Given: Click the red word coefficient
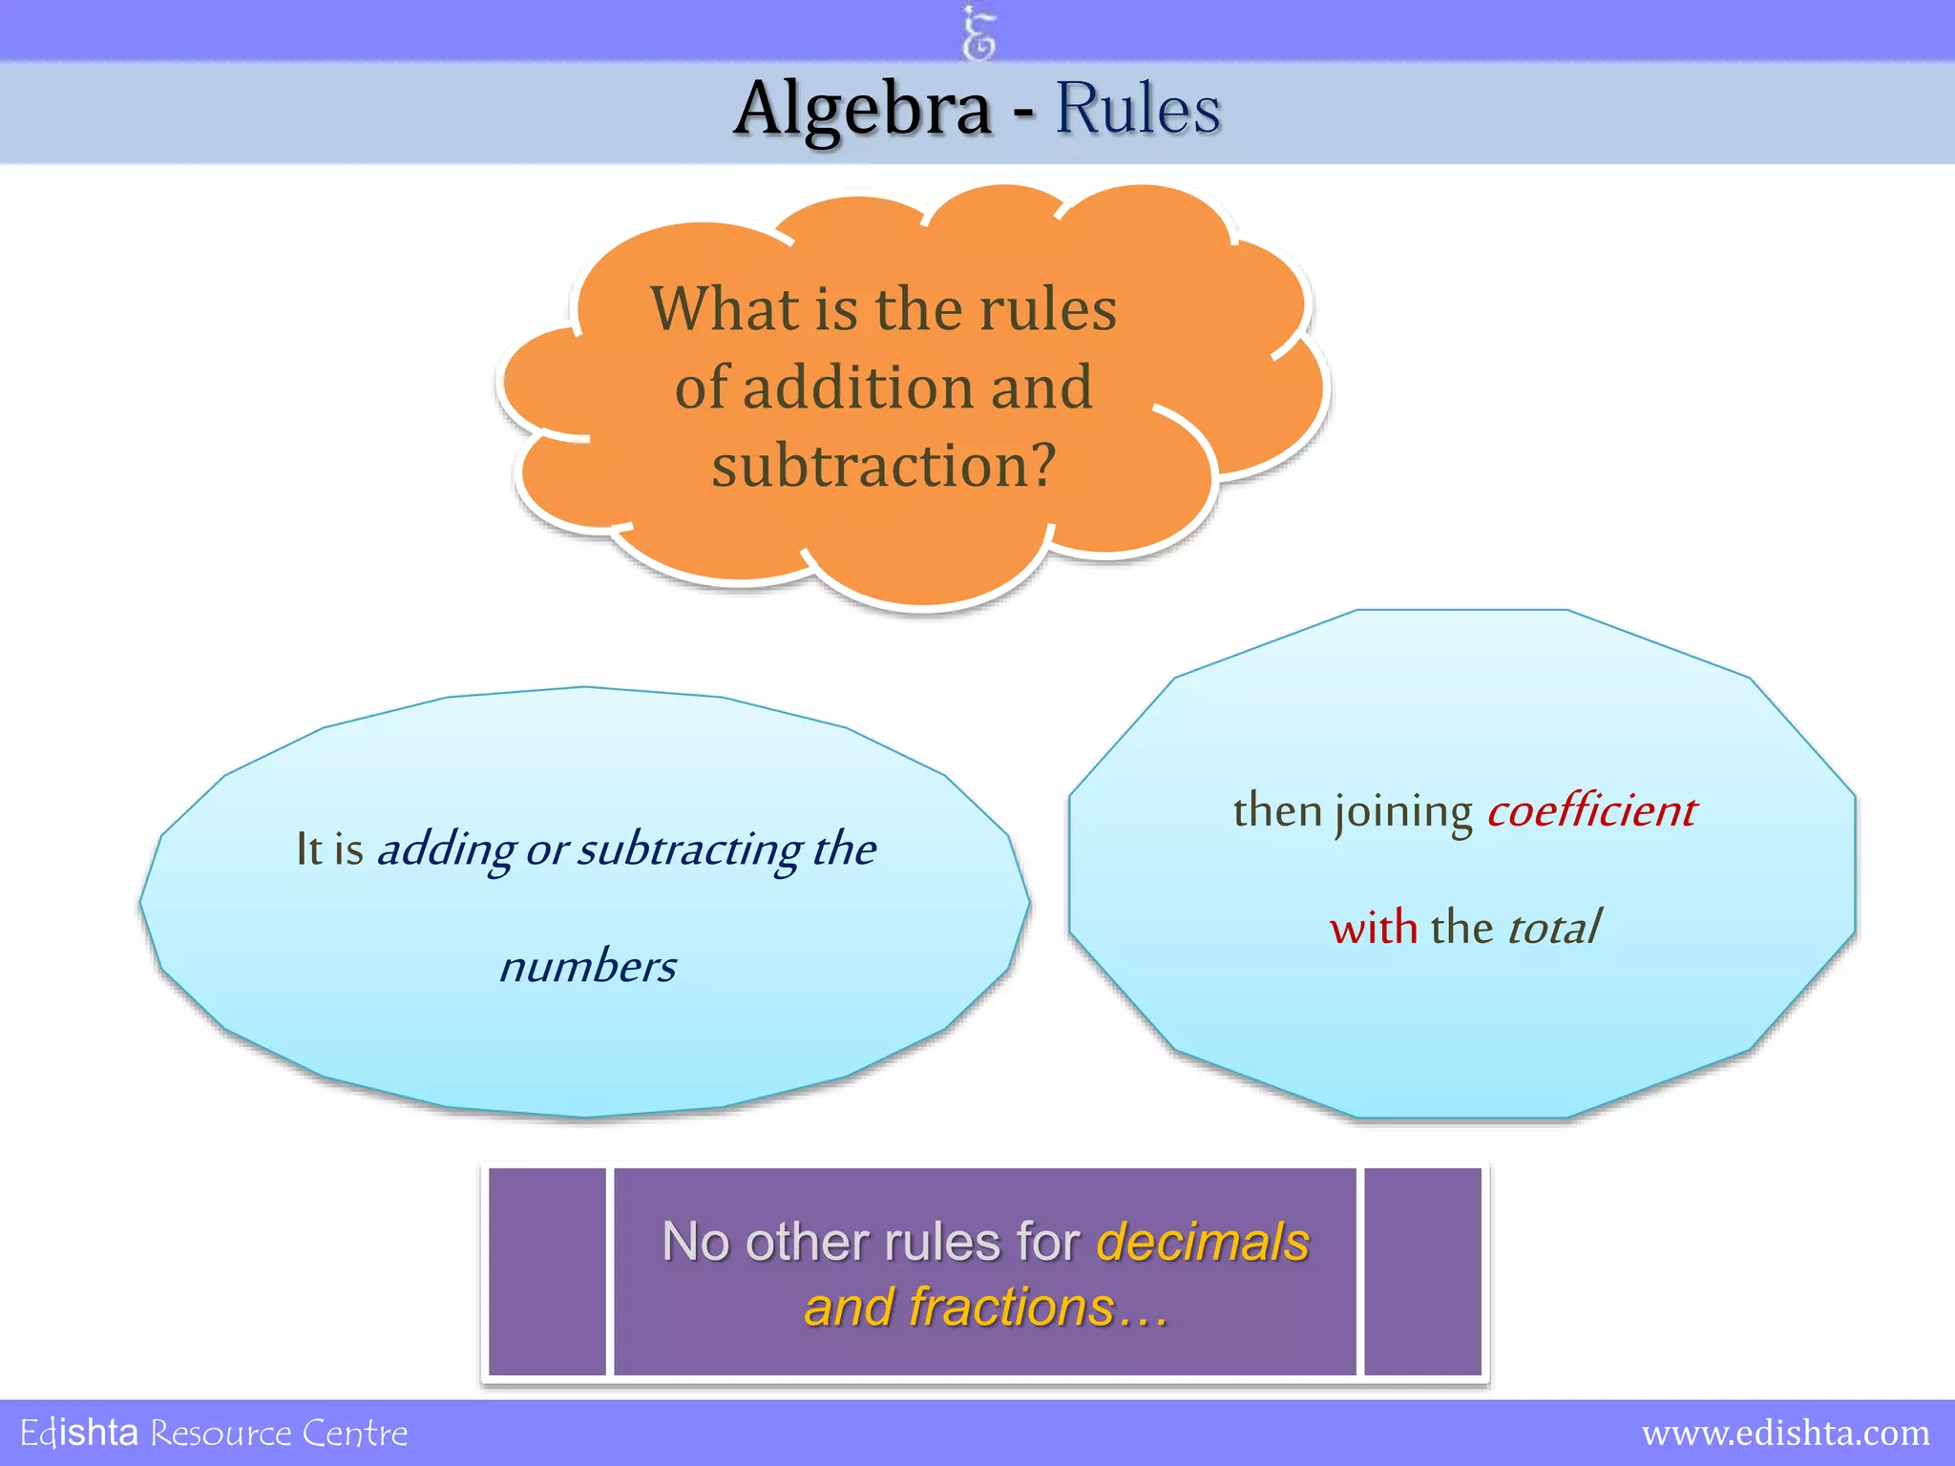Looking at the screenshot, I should coord(1591,811).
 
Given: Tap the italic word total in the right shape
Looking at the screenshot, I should coord(1553,928).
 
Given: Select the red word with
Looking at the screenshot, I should coord(1374,928).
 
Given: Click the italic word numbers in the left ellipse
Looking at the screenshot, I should coord(588,967).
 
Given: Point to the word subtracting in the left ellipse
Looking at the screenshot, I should coord(689,849).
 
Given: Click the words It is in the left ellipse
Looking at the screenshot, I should coord(329,849).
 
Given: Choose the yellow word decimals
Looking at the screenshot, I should coord(1203,1242).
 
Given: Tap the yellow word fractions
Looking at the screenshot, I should coord(1012,1307).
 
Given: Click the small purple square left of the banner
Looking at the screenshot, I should coord(547,1271).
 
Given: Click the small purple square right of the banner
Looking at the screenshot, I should coord(1422,1271).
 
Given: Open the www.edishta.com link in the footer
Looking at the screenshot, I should coord(1785,1433).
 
